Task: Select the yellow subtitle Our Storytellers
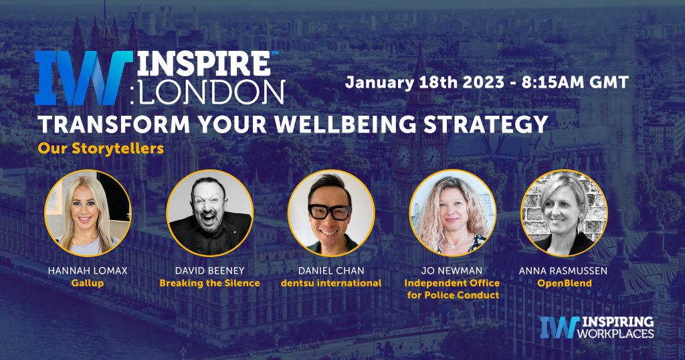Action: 101,149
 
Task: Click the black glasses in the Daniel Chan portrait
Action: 330,212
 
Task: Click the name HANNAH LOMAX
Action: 88,271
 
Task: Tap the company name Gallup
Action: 88,283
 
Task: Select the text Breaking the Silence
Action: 209,283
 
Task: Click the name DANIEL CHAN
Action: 330,271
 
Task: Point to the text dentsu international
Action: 330,283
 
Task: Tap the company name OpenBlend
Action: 564,283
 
